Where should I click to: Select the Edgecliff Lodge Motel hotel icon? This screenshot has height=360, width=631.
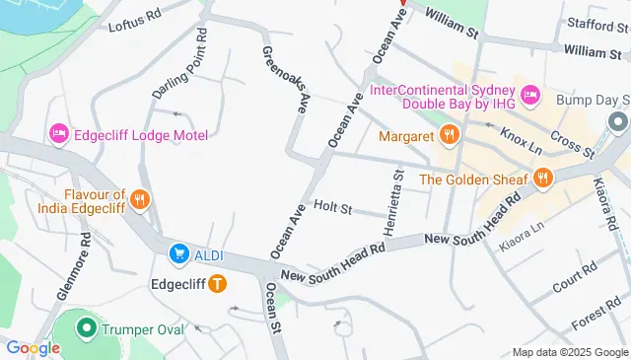point(57,133)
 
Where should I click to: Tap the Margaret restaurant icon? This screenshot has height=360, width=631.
point(449,133)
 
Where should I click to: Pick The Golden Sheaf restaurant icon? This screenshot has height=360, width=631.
point(541,179)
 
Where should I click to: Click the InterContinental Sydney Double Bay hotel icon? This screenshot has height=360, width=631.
point(531,96)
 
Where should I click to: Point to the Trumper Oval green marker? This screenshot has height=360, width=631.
point(86,329)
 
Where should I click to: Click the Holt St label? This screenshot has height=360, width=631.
point(332,207)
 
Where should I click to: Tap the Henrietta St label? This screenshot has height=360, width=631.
point(398,195)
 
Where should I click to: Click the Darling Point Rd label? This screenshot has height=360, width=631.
point(178,64)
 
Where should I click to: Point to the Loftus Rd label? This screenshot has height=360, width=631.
point(134,22)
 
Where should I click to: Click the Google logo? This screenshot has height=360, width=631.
point(33,347)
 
